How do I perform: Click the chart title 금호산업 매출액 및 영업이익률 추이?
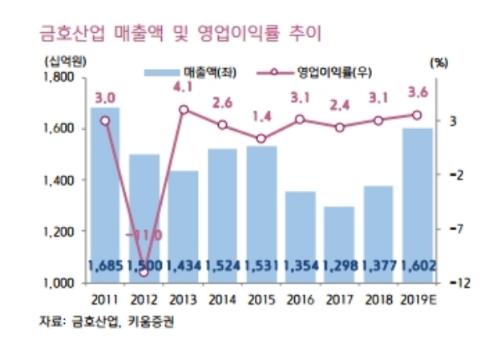click(172, 35)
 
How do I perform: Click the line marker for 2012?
click(144, 273)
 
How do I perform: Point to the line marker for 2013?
click(184, 109)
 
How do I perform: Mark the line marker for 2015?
click(261, 139)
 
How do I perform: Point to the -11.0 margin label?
click(144, 235)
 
